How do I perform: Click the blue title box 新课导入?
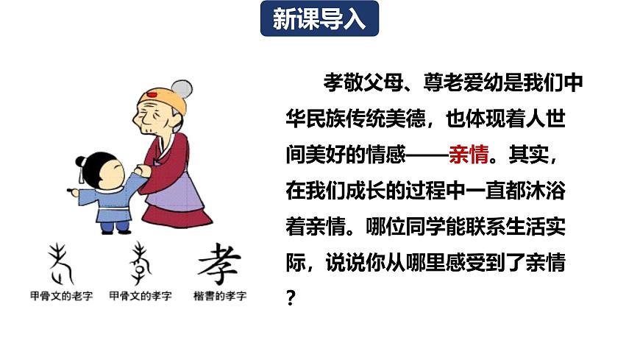pos(319,20)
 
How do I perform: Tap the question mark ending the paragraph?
pos(291,299)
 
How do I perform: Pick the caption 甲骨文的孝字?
pos(140,296)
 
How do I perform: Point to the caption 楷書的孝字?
pos(220,296)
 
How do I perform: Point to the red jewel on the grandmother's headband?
pos(152,95)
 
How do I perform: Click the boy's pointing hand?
pos(74,192)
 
